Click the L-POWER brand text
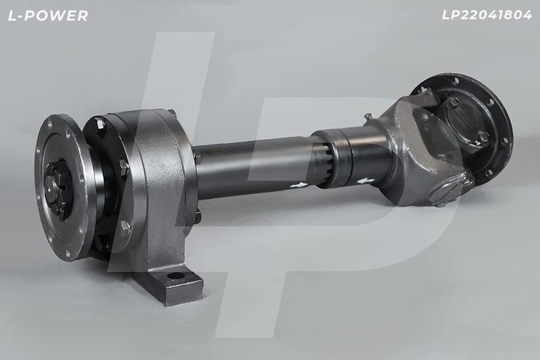point(48,16)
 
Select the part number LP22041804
point(487,15)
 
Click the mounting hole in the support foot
point(176,276)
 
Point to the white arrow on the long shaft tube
point(298,185)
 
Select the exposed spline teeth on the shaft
point(325,163)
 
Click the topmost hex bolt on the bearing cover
point(101,124)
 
